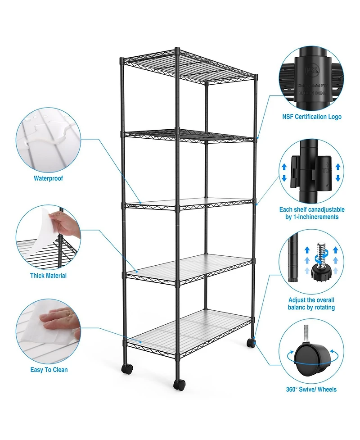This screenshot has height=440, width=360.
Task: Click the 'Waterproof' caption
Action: [48, 178]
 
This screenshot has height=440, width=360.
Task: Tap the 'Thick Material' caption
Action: [48, 276]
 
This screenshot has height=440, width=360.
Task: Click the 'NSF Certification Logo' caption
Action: [312, 117]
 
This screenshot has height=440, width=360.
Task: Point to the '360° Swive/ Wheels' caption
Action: [311, 390]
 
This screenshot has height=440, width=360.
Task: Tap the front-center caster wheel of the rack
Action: [180, 385]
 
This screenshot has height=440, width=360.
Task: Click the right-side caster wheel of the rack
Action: [250, 343]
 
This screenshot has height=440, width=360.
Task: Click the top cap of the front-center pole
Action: [177, 49]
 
